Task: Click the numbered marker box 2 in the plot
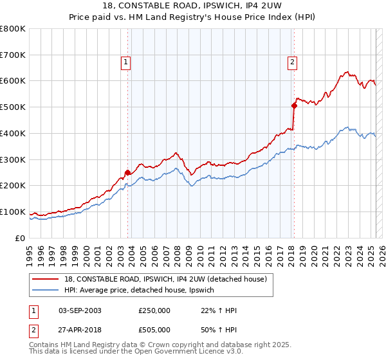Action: tap(292, 62)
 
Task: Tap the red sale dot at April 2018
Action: tap(294, 105)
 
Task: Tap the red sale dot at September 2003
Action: tap(127, 172)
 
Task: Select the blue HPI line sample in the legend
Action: tap(46, 291)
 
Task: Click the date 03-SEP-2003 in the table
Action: tap(80, 310)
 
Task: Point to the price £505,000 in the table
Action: tap(154, 329)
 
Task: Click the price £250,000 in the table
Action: tap(154, 310)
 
